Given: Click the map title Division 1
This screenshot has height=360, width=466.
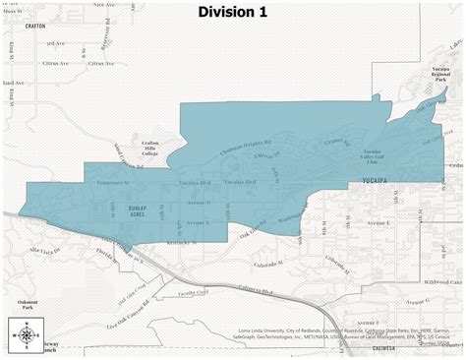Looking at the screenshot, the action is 232,12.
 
